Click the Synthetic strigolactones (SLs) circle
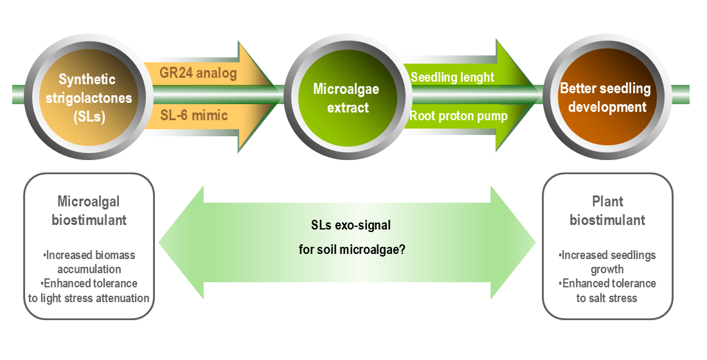click(x=87, y=98)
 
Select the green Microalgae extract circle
click(x=346, y=98)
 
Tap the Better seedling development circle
click(x=605, y=98)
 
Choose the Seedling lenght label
click(x=452, y=77)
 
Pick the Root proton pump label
click(x=459, y=116)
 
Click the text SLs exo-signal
click(x=346, y=226)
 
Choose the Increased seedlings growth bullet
click(x=607, y=262)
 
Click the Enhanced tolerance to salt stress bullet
click(x=607, y=291)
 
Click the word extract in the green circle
click(x=348, y=107)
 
